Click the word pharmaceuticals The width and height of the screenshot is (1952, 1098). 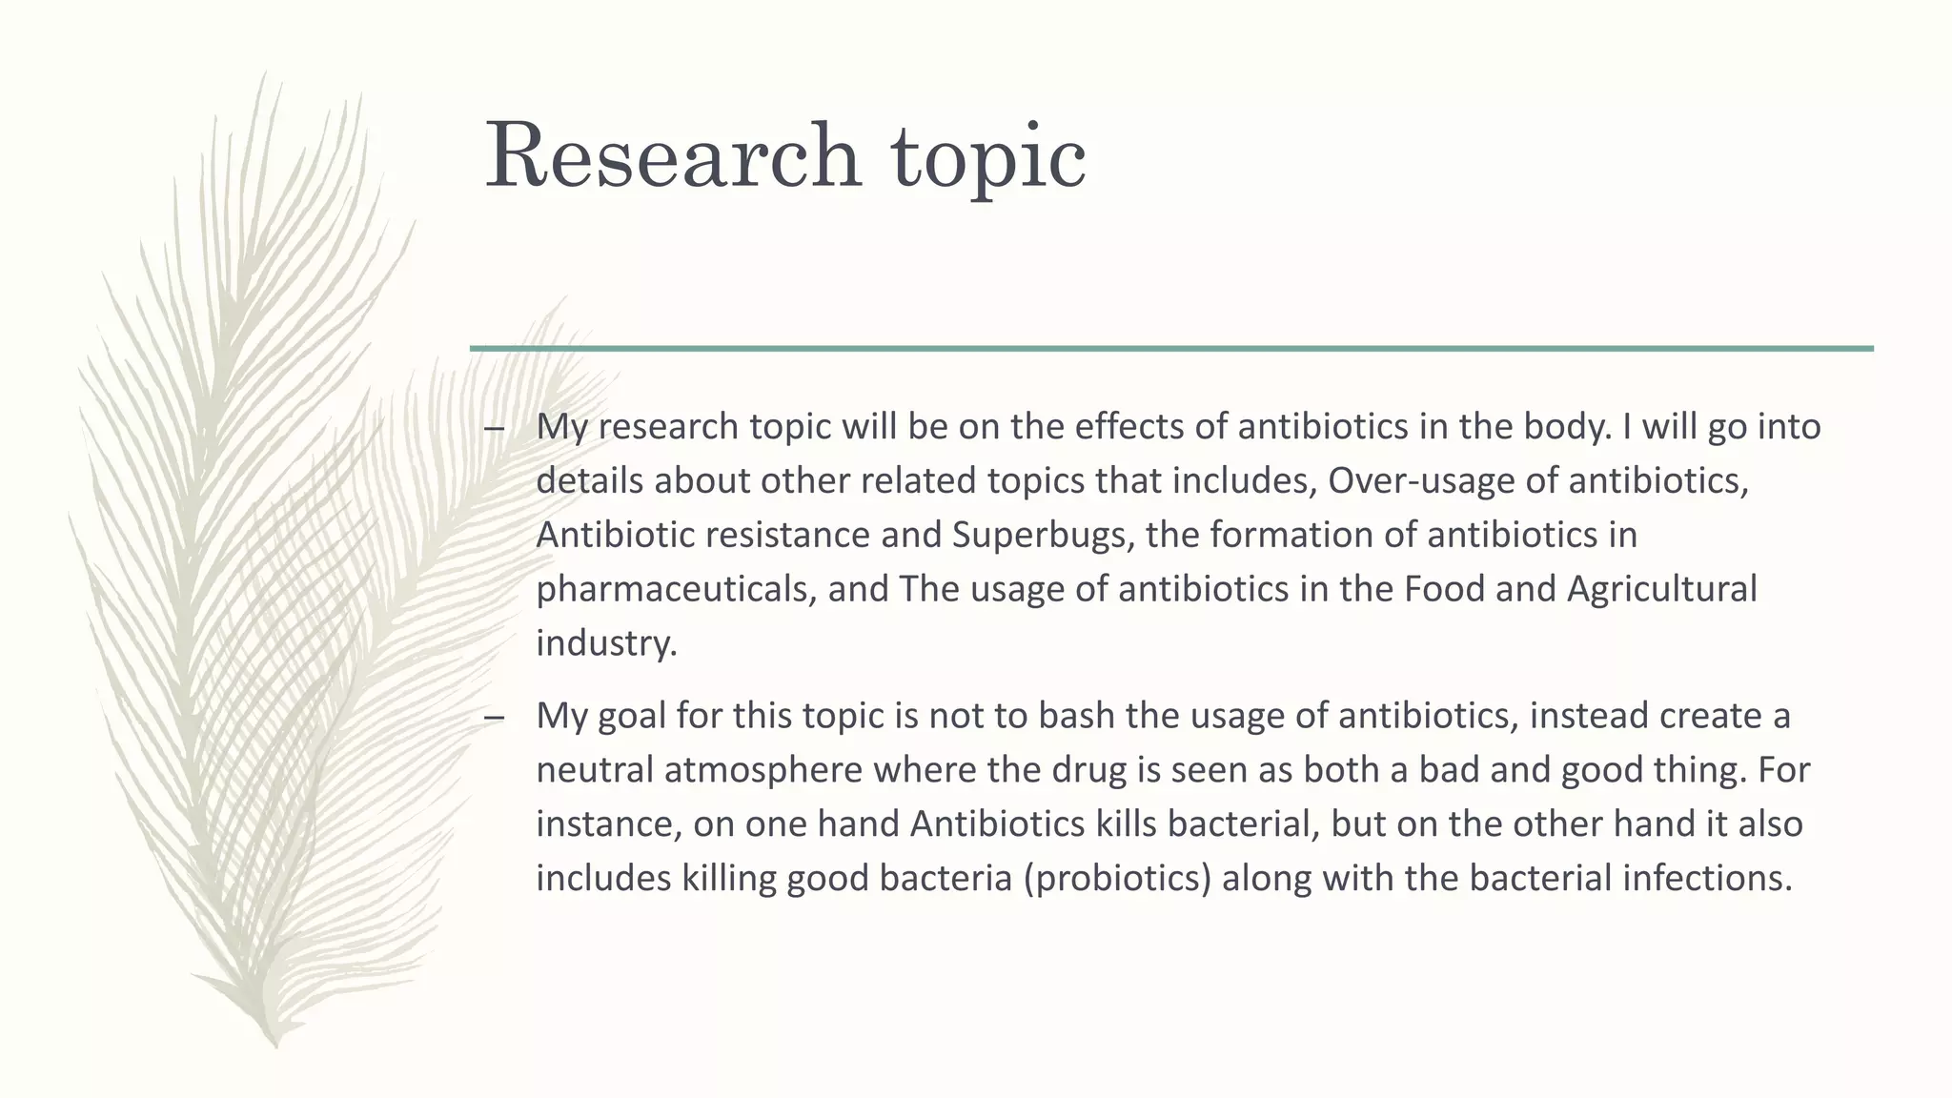click(676, 590)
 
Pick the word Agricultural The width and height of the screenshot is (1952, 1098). click(1661, 590)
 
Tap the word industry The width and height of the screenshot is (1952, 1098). click(605, 643)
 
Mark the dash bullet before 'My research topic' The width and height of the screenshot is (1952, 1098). click(494, 428)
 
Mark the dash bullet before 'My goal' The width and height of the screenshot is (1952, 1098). click(494, 717)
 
